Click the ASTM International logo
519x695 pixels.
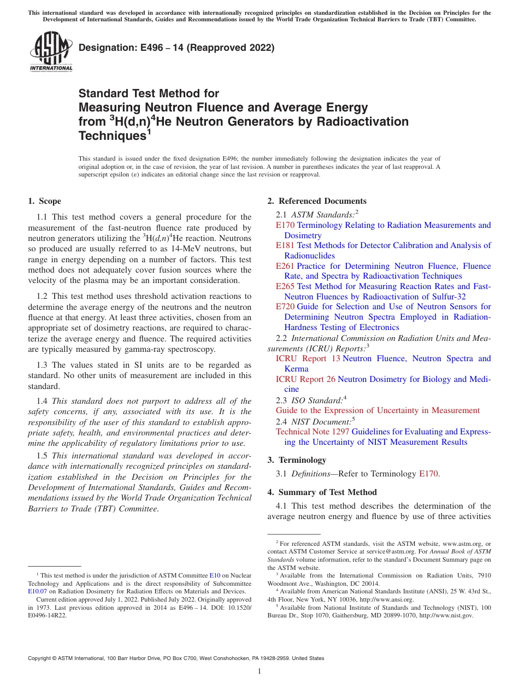(51, 51)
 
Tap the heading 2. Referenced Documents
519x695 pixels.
(317, 201)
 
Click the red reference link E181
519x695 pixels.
(285, 245)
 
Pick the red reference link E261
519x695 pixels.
(285, 266)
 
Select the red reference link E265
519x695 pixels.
(285, 286)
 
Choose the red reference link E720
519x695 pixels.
(285, 307)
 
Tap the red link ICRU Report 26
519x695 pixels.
(305, 379)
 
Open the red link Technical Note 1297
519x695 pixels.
(312, 432)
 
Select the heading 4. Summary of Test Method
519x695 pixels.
(322, 492)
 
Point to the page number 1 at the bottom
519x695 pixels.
(259, 671)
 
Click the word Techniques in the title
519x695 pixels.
(112, 136)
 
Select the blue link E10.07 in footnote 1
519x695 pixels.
(37, 591)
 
